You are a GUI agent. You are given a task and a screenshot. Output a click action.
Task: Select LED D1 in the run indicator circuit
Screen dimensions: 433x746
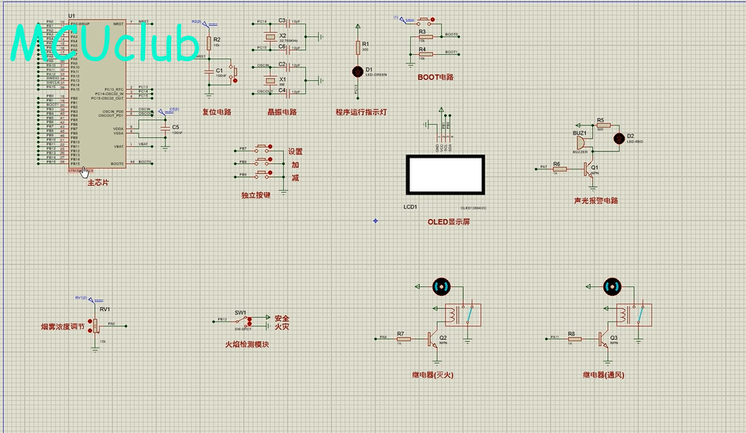(358, 71)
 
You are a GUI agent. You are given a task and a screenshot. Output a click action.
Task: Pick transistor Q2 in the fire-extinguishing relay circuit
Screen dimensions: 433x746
(431, 338)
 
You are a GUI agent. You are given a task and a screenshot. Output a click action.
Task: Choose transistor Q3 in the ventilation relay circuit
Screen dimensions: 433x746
(602, 338)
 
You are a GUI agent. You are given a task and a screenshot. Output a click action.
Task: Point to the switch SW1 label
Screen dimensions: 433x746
(241, 312)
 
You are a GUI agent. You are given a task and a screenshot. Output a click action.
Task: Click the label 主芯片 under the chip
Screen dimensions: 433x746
(97, 183)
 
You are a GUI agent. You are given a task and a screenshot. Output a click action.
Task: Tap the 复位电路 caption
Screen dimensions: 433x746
(217, 111)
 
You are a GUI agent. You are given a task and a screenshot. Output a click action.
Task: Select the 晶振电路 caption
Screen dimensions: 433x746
(282, 111)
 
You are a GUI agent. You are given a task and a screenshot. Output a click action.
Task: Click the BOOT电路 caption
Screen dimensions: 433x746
(435, 77)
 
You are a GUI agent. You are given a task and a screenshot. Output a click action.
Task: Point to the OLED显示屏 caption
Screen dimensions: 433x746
(449, 222)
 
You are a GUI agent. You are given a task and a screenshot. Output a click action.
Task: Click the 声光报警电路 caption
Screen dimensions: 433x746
(596, 200)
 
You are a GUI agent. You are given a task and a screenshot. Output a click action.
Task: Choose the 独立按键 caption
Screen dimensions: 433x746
(256, 195)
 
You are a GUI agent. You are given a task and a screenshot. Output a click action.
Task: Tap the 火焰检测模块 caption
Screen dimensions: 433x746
(247, 344)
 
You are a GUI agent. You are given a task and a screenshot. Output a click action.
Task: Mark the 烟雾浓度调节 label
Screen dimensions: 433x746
(63, 326)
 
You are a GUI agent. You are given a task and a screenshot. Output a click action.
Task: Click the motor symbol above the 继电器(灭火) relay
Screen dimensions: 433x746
(441, 287)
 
